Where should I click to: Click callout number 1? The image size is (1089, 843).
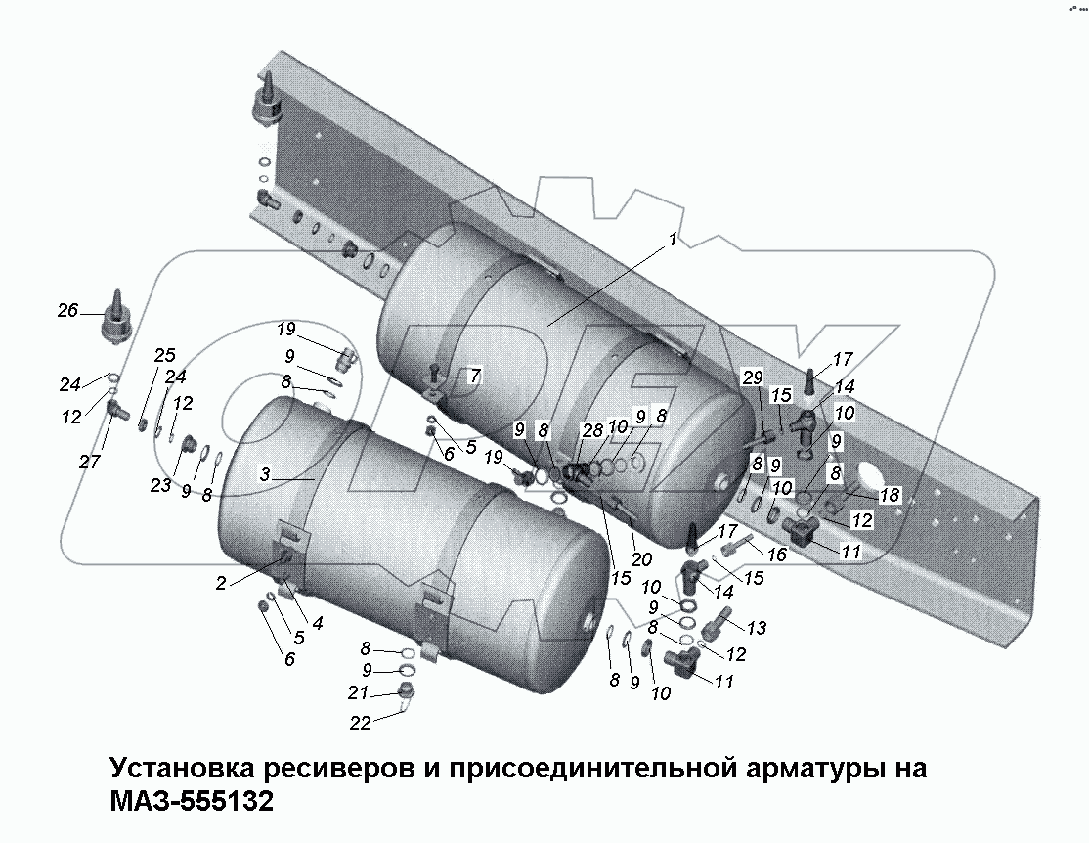[673, 240]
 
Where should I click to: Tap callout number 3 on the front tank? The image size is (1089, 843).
[265, 474]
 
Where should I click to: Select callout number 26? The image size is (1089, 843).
[66, 311]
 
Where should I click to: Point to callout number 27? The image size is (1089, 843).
[90, 462]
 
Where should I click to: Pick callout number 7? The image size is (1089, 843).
[475, 375]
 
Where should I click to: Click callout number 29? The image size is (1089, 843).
[750, 377]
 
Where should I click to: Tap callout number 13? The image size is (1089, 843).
[757, 627]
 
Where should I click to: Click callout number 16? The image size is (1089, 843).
[777, 555]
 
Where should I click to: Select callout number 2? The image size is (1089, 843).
[222, 583]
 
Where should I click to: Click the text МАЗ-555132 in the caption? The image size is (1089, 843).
[192, 802]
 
